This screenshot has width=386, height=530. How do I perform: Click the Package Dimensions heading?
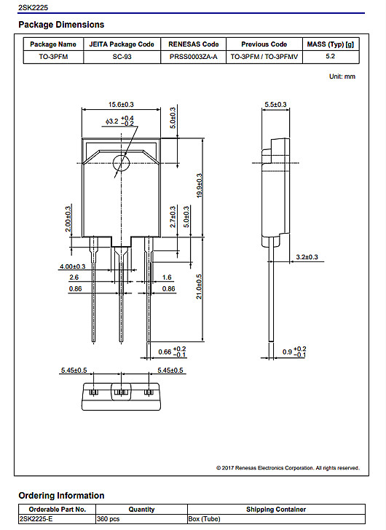(x=61, y=25)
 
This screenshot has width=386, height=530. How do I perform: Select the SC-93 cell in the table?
(x=122, y=55)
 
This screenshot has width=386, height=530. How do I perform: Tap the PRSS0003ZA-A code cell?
(x=193, y=55)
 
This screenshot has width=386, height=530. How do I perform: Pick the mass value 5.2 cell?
(x=330, y=55)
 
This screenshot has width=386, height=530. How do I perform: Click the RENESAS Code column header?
(x=193, y=44)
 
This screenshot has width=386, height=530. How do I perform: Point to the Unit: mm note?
(x=342, y=76)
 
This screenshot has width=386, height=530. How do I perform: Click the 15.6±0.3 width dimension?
(x=122, y=105)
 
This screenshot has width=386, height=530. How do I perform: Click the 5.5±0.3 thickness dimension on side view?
(x=275, y=105)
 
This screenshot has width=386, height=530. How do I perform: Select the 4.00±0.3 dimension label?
(x=72, y=266)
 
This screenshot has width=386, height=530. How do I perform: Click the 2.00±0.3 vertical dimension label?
(x=68, y=218)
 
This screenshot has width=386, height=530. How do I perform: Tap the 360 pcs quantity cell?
(x=109, y=520)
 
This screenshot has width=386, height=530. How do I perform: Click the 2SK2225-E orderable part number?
(x=39, y=520)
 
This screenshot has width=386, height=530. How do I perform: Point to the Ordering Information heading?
(x=61, y=495)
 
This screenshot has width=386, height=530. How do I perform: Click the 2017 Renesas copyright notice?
(x=288, y=467)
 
